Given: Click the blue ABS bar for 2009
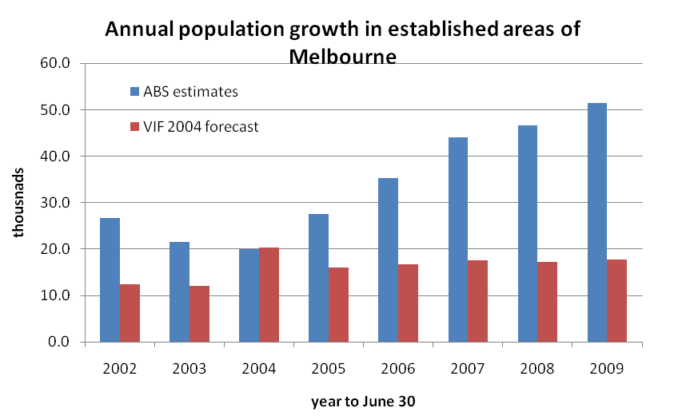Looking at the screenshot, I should coord(597,223).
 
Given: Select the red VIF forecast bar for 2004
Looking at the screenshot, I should coord(269,295).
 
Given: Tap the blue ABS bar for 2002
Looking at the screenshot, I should coord(110,279).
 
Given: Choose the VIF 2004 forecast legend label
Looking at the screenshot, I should coord(202,126).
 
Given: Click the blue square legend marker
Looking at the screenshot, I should coord(135,91).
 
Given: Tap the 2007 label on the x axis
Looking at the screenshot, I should coord(467,369).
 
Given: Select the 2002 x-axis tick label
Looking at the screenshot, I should coord(119,369).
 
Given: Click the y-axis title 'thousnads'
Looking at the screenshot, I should coord(18,203).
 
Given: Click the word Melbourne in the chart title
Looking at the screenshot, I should coord(342,57).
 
